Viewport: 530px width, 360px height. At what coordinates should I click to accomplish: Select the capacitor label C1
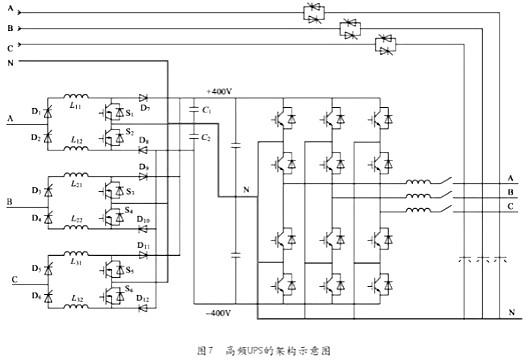pyautogui.click(x=206, y=108)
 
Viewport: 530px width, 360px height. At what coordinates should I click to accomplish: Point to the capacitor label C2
pyautogui.click(x=206, y=137)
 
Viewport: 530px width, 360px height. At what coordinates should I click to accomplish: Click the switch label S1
pyautogui.click(x=130, y=113)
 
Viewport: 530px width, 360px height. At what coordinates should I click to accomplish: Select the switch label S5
pyautogui.click(x=130, y=270)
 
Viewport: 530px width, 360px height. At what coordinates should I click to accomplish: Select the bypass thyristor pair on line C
pyautogui.click(x=384, y=45)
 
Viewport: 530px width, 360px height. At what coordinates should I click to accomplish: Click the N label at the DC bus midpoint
pyautogui.click(x=245, y=190)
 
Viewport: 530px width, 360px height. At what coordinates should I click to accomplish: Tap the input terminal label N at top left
pyautogui.click(x=10, y=63)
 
